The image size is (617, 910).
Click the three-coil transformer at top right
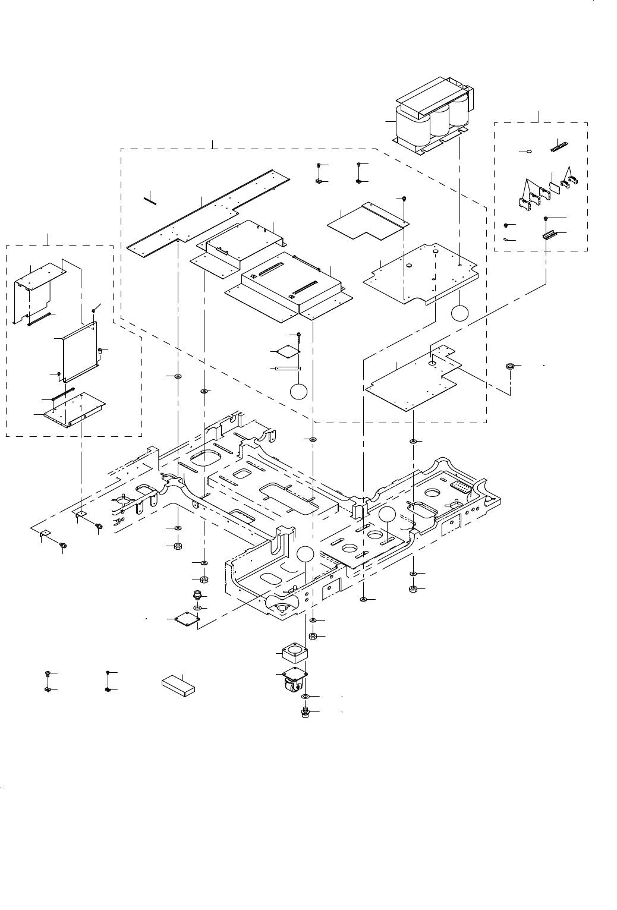(431, 119)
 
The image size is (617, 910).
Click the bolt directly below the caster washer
(305, 711)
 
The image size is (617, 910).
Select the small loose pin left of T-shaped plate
(150, 199)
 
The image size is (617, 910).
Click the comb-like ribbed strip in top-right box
(559, 144)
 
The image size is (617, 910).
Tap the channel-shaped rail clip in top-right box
(548, 234)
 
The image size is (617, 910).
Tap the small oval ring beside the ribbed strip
(525, 153)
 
